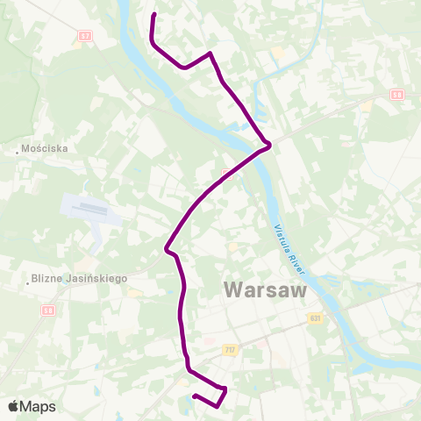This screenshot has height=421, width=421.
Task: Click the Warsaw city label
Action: (265, 289)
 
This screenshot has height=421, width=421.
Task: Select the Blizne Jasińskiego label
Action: (80, 278)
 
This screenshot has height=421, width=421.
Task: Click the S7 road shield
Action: (84, 36)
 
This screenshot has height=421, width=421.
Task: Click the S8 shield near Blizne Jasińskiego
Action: (48, 310)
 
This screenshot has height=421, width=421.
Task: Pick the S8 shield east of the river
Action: (396, 94)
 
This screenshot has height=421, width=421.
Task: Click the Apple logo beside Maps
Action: (15, 406)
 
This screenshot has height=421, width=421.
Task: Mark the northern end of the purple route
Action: (155, 15)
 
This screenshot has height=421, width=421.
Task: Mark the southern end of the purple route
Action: (194, 396)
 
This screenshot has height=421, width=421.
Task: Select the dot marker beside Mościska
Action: (18, 149)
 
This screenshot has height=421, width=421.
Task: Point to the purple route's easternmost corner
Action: (269, 144)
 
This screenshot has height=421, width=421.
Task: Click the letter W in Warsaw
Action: (236, 289)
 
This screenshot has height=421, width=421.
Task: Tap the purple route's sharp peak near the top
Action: (210, 54)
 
